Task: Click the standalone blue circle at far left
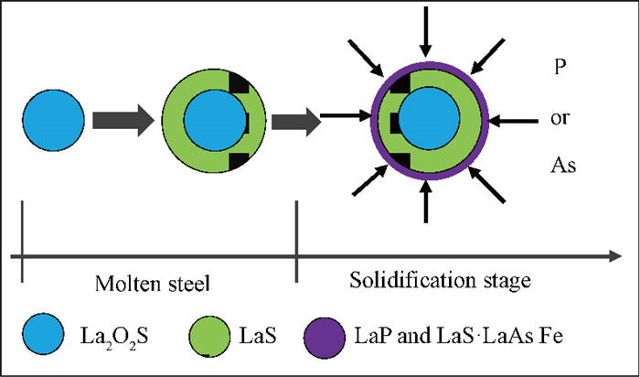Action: point(53,121)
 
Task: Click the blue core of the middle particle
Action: point(215,121)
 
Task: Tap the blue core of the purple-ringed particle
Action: point(429,118)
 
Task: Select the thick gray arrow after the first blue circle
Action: point(123,121)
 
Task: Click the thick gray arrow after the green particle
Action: point(296,122)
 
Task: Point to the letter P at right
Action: point(560,67)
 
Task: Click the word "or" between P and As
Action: point(560,119)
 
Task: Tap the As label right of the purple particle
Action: point(563,166)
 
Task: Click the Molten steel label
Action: point(153,284)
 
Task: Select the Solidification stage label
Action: point(440,280)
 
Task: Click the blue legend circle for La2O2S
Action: point(43,334)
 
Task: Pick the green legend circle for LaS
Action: point(209,336)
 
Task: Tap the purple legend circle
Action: point(325,338)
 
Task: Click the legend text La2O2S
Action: point(113,338)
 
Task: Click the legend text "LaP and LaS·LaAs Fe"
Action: point(460,336)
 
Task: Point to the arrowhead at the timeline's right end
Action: point(615,256)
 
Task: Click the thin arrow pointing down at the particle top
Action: point(426,32)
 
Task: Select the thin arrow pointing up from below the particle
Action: point(426,202)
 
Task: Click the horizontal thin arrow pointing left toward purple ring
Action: point(513,121)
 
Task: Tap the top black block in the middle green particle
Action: point(239,84)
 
